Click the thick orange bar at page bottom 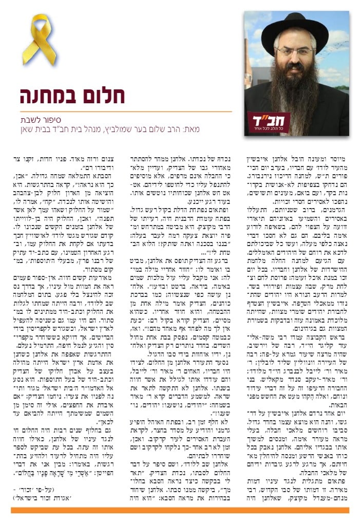(180, 510)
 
